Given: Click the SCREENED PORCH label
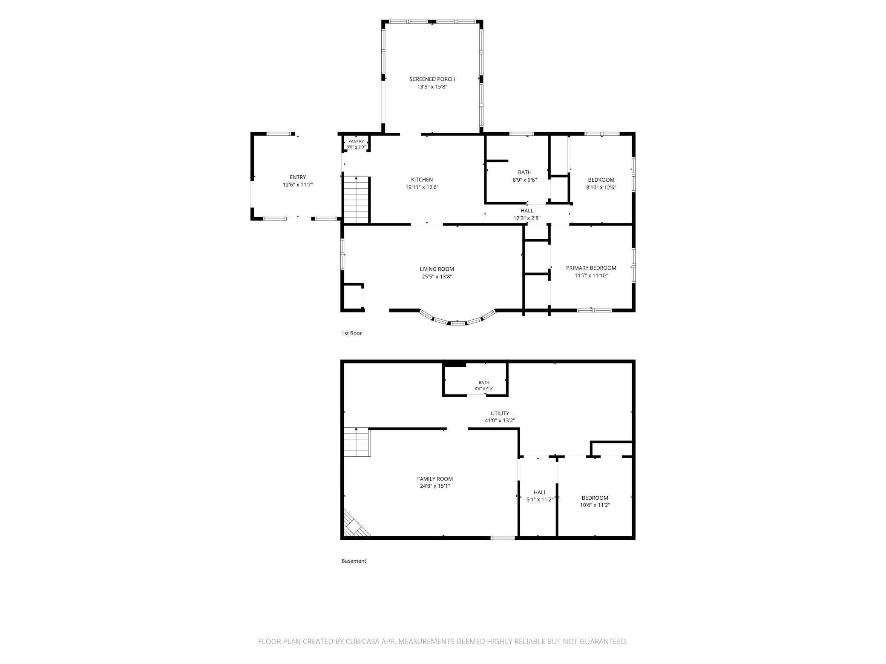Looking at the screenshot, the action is (x=432, y=79).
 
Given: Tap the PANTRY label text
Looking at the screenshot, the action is (x=356, y=141).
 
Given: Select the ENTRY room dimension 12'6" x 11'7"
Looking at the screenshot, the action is (x=298, y=185).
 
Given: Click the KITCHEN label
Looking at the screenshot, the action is (x=422, y=180).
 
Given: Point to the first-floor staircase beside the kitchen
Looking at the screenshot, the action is (x=356, y=200).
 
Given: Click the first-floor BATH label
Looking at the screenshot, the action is (x=525, y=172).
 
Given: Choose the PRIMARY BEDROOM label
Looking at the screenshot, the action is (x=591, y=268).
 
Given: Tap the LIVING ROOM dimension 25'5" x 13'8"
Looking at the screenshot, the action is (x=437, y=277).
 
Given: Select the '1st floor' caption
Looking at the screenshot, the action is (x=351, y=333).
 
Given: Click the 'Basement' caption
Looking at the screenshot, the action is (x=354, y=561).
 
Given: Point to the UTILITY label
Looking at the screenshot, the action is (x=500, y=413).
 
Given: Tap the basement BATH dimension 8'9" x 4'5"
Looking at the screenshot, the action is (x=484, y=388).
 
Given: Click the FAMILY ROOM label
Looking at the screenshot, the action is (x=435, y=479).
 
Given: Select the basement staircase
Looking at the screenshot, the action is (x=357, y=442).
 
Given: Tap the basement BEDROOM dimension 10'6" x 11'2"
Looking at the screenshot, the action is (x=595, y=505).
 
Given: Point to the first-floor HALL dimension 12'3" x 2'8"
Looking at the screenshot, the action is (x=527, y=218).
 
